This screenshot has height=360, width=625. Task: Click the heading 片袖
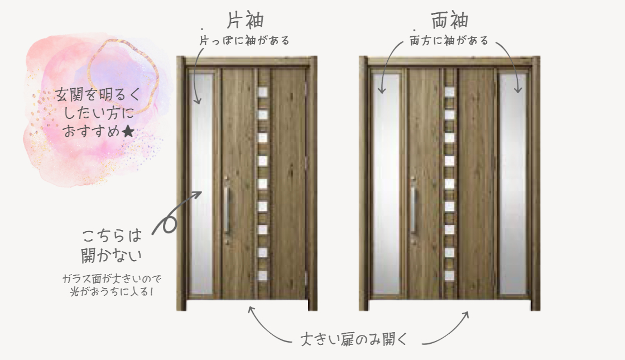(246, 21)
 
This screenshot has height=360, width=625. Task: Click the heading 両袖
(450, 21)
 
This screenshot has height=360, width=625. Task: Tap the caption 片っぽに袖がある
(244, 40)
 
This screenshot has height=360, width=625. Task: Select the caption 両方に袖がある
(449, 40)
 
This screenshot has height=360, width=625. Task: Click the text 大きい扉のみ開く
(354, 339)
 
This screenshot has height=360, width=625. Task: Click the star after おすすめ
(128, 131)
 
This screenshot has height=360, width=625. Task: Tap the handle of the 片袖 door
(227, 210)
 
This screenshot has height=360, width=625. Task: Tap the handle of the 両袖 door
(414, 210)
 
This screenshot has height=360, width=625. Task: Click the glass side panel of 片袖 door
(201, 184)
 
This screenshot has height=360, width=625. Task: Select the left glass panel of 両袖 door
(386, 184)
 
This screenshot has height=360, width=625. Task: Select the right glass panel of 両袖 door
(513, 184)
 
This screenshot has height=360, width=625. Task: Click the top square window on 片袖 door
(263, 93)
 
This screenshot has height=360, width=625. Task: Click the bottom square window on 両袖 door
(450, 275)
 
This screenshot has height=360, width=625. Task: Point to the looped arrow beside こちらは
(171, 217)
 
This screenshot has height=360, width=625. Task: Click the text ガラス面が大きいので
(112, 279)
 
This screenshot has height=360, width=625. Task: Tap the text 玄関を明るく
(98, 95)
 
